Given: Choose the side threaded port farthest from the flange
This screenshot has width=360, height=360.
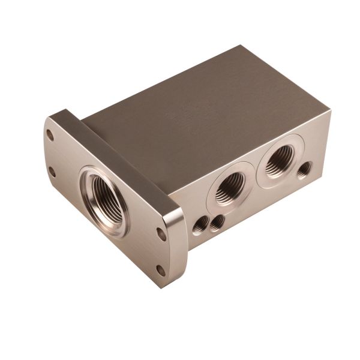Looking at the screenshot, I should click(x=277, y=164).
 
